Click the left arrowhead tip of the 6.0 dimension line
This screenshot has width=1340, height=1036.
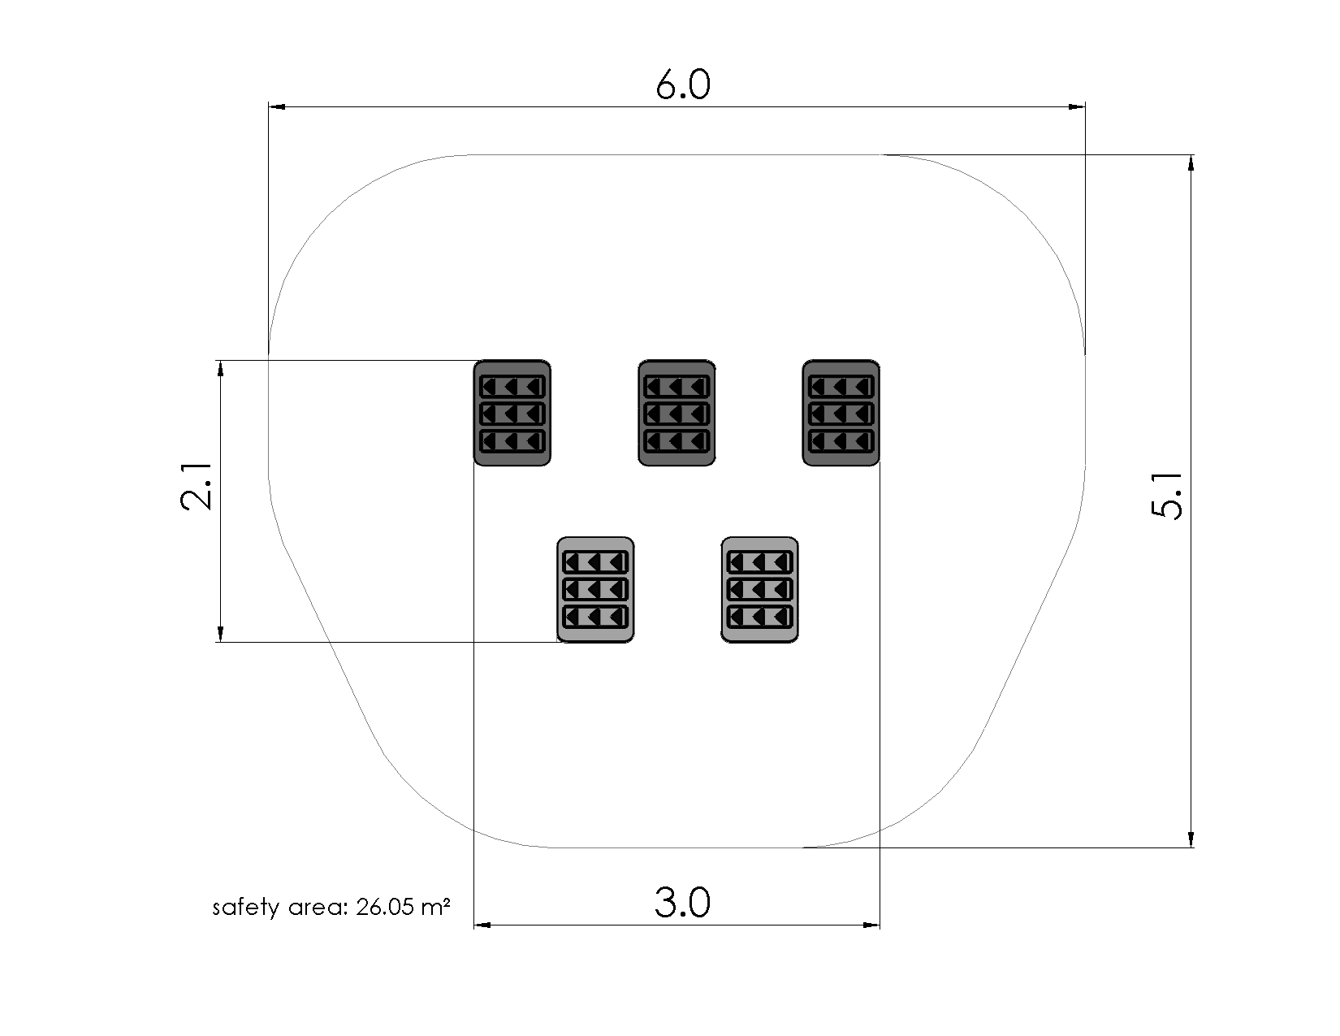[x=269, y=106]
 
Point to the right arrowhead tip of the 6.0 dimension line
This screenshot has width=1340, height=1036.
[x=1085, y=106]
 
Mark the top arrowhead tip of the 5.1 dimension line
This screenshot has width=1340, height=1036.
[x=1191, y=155]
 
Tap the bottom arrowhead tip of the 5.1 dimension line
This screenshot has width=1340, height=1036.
[x=1191, y=847]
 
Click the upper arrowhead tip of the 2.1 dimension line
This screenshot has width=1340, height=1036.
[x=221, y=360]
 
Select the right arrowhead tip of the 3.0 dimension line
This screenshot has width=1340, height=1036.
[x=880, y=925]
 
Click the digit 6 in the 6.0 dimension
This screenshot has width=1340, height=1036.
[x=667, y=85]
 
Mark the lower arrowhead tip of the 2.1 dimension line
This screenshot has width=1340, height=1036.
[x=221, y=642]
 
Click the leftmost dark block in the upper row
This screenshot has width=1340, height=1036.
[x=512, y=413]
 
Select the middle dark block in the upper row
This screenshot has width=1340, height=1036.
[x=676, y=413]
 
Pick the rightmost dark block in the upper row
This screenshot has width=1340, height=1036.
[x=841, y=413]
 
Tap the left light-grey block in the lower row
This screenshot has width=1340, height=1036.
[x=595, y=589]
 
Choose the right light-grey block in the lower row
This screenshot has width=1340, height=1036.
[x=759, y=589]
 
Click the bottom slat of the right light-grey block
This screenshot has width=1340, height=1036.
[x=759, y=617]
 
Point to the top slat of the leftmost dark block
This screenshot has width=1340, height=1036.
[x=512, y=387]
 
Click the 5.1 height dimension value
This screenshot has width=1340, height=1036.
[x=1167, y=496]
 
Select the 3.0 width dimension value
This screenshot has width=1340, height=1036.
[x=683, y=903]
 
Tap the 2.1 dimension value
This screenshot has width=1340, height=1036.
[x=196, y=487]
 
